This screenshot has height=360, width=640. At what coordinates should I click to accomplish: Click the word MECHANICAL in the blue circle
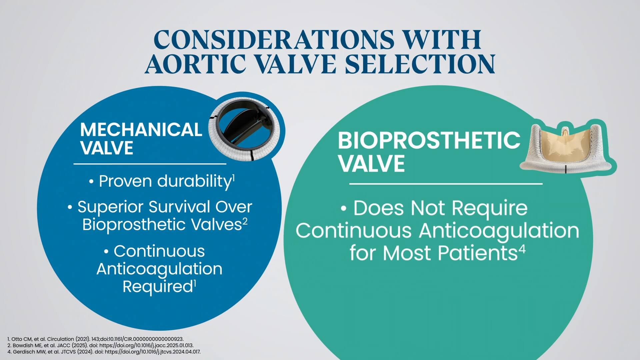pos(141,130)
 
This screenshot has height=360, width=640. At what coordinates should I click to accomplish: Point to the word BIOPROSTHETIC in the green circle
pos(429,140)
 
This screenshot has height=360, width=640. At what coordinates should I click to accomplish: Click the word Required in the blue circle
pos(157,287)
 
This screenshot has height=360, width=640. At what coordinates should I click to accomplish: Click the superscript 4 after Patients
pos(522,249)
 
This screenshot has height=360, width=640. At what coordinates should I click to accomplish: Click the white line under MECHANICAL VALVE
pos(150,164)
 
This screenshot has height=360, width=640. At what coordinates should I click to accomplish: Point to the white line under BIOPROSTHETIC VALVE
pos(446,184)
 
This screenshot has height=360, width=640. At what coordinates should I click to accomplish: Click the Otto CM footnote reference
pos(95,339)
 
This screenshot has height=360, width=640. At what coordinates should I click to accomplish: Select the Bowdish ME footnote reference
pos(100,345)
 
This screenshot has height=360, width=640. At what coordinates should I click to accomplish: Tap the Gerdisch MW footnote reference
pos(104,352)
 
